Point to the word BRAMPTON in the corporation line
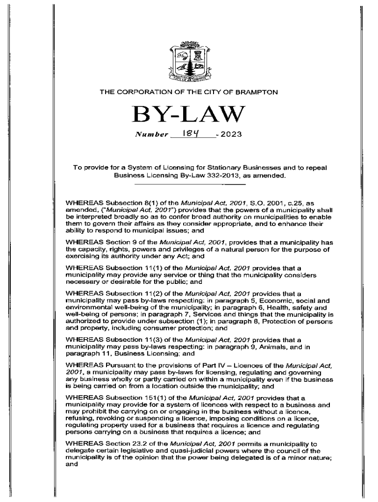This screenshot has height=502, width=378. click(260, 92)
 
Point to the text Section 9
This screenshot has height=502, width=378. click(122, 242)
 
